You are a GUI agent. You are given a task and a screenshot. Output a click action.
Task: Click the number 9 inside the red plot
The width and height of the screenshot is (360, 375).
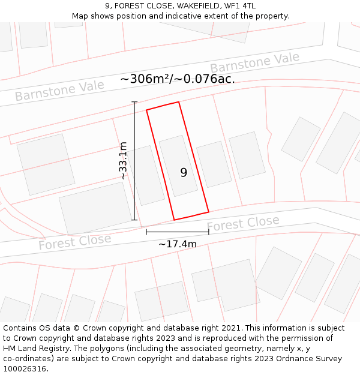click(x=184, y=173)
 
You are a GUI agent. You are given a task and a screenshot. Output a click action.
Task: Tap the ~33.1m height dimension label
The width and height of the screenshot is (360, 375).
click(x=123, y=161)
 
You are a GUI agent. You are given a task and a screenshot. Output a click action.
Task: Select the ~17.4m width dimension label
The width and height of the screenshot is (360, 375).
click(x=178, y=244)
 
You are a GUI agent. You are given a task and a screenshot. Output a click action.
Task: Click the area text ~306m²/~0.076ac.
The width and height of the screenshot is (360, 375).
click(x=178, y=79)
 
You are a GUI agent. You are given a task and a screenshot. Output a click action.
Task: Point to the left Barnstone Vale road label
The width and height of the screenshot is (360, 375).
click(x=59, y=91)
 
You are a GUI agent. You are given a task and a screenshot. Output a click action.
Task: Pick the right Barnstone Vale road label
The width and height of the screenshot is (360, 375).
click(x=254, y=63)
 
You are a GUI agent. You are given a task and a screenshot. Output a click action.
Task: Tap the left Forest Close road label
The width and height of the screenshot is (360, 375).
click(x=74, y=242)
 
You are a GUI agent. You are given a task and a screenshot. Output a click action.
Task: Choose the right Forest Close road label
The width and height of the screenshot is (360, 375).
click(x=243, y=224)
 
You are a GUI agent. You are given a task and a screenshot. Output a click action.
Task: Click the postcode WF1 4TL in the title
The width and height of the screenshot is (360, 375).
click(x=241, y=6)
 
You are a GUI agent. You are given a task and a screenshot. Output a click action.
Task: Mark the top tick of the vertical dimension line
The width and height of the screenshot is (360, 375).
click(x=134, y=103)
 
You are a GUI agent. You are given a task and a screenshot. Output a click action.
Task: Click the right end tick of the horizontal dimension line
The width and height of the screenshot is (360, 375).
click(x=209, y=232)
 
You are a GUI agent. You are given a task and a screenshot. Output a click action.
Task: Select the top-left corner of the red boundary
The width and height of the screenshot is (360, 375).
click(x=147, y=110)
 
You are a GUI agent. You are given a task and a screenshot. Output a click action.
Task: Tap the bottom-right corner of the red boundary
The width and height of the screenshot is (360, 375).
click(x=208, y=212)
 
